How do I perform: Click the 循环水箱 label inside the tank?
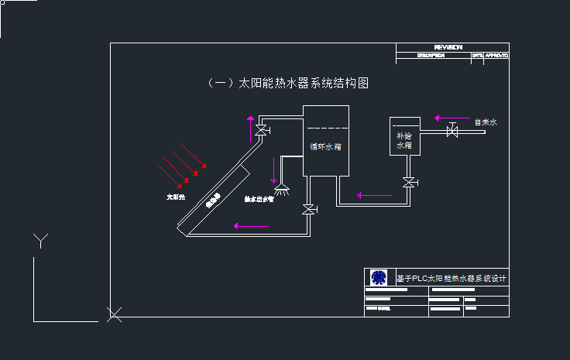[325, 146]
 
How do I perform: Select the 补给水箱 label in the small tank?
[403, 139]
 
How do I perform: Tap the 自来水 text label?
[485, 122]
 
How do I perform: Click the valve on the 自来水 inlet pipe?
[452, 132]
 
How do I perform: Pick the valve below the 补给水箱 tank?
[408, 183]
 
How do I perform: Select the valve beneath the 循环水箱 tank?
[309, 210]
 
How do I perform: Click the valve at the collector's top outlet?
[262, 129]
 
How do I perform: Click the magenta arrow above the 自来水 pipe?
[448, 118]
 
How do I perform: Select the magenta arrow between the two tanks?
[374, 195]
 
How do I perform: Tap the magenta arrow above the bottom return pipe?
[251, 226]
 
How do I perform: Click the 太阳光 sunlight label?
[177, 197]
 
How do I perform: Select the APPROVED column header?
[496, 56]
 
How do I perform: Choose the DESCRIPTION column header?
[431, 56]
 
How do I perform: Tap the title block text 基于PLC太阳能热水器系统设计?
[451, 277]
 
